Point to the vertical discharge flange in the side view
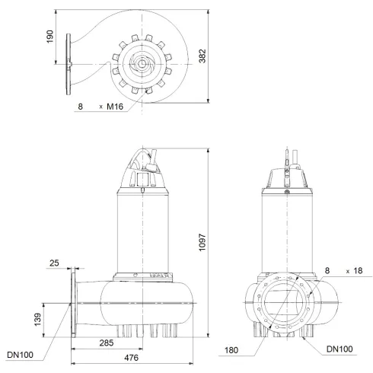[74, 304]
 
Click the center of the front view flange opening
[285, 304]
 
